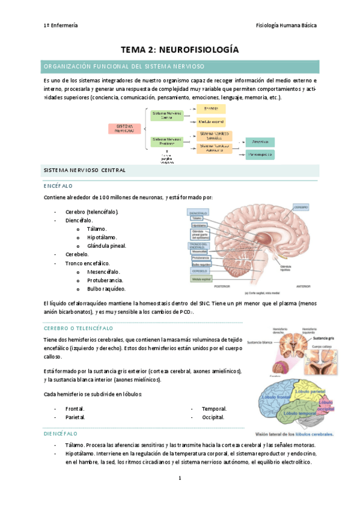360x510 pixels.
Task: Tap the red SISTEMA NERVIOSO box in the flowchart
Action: (126, 129)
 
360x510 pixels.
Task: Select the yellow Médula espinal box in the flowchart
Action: (210, 121)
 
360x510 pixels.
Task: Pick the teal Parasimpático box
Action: (259, 155)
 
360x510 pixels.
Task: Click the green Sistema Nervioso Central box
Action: (167, 115)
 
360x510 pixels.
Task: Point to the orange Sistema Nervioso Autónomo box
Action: (215, 147)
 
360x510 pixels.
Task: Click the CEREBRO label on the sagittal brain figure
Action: (301, 207)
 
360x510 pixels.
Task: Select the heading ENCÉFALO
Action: (58, 186)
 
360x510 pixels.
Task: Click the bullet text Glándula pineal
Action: (107, 246)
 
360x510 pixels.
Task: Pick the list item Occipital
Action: (214, 417)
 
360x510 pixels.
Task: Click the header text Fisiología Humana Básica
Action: (286, 25)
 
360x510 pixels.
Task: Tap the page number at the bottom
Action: (180, 478)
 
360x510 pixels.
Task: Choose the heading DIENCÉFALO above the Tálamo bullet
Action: (61, 433)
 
